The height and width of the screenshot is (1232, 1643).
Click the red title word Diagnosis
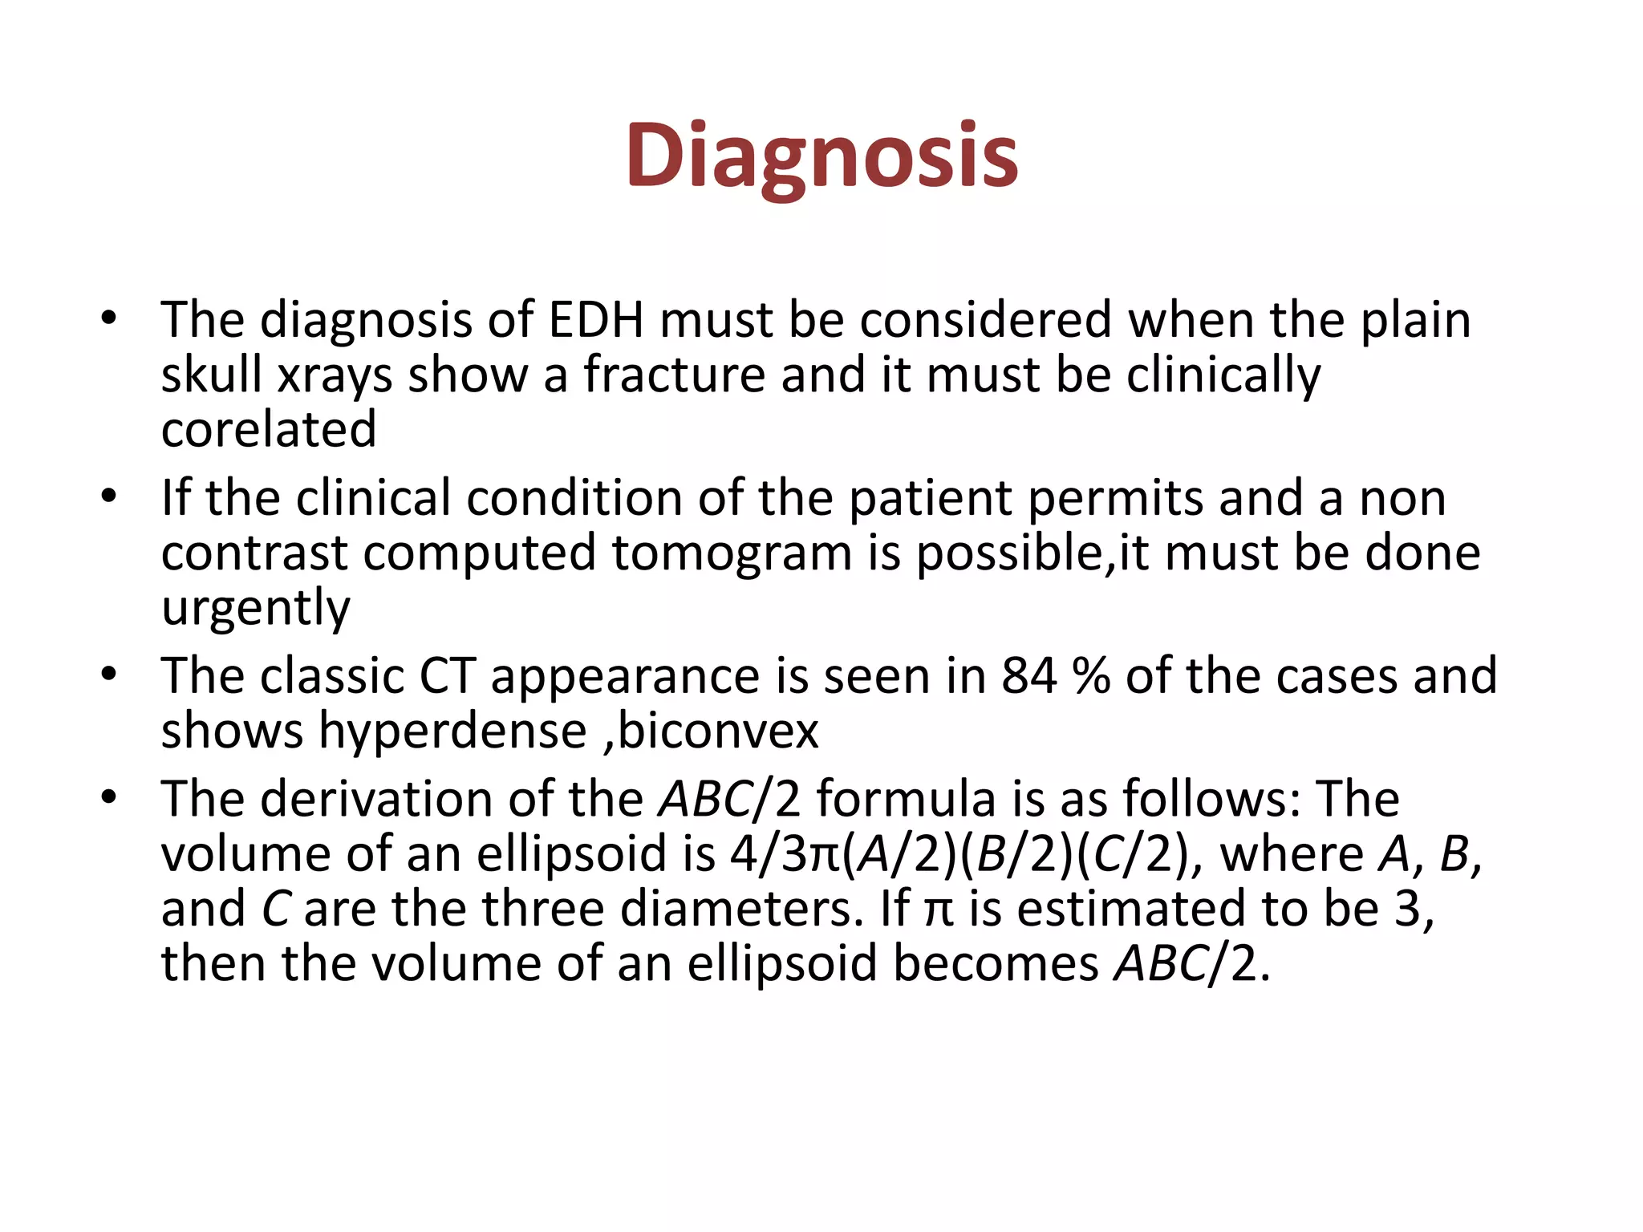[x=821, y=156]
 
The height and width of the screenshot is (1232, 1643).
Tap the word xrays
[x=335, y=375]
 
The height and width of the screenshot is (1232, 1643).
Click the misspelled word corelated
[x=269, y=429]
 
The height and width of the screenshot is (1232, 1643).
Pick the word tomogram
[x=732, y=553]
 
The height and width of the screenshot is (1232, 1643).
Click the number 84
[x=1029, y=676]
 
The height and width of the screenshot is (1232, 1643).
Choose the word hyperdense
[x=453, y=731]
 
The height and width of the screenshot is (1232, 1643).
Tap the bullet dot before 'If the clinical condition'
[x=109, y=498]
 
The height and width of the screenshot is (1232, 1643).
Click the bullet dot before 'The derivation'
[x=109, y=799]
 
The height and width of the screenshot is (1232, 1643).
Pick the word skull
[x=211, y=375]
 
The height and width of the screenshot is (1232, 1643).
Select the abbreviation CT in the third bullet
[x=447, y=676]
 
